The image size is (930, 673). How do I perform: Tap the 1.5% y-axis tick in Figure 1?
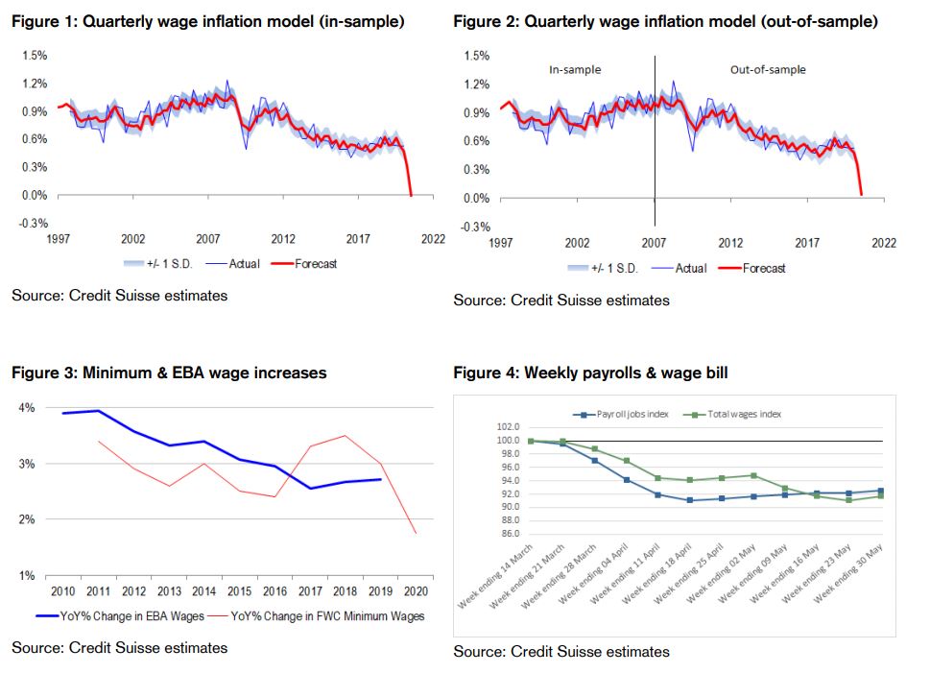click(x=36, y=56)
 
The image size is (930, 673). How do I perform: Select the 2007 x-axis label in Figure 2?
click(x=654, y=244)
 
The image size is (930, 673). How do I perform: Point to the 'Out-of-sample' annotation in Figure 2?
click(x=768, y=70)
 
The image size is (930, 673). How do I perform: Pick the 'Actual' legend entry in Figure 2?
click(x=688, y=268)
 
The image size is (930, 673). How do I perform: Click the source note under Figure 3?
click(x=120, y=648)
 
